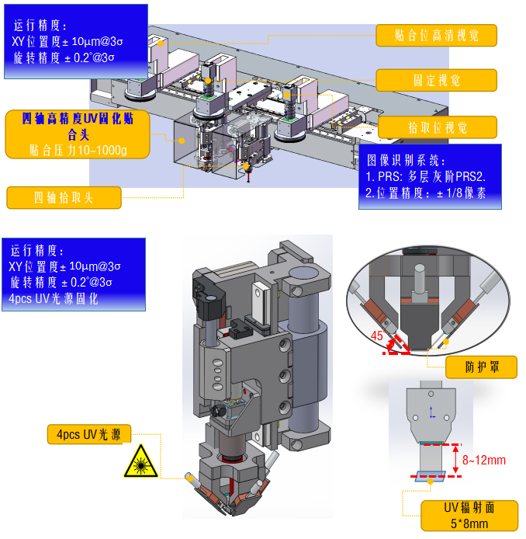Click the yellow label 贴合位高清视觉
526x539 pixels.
click(435, 36)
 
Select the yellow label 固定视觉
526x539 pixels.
click(435, 80)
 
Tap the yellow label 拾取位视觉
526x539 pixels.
click(435, 127)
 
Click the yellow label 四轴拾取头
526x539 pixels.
click(64, 198)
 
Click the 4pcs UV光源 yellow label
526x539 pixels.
click(87, 433)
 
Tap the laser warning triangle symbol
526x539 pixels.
click(140, 463)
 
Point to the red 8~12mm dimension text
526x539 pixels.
click(483, 461)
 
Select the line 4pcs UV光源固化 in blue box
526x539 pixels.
click(54, 298)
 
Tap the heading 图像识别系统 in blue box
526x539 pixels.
click(405, 161)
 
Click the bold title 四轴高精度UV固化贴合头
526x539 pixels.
click(78, 125)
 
